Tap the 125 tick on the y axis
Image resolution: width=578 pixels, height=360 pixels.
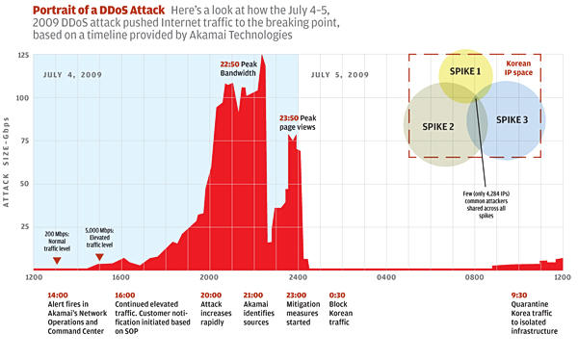[x=22, y=56]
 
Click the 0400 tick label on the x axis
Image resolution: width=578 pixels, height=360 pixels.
[x=388, y=277]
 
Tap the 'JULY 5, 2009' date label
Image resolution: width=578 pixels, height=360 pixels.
[x=336, y=74]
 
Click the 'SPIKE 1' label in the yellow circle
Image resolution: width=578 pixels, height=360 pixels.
[x=466, y=72]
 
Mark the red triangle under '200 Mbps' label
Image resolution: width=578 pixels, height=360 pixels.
[x=57, y=261]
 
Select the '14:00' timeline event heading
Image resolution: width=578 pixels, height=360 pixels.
[x=57, y=296]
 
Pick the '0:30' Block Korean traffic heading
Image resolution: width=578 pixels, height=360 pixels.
[x=338, y=296]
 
